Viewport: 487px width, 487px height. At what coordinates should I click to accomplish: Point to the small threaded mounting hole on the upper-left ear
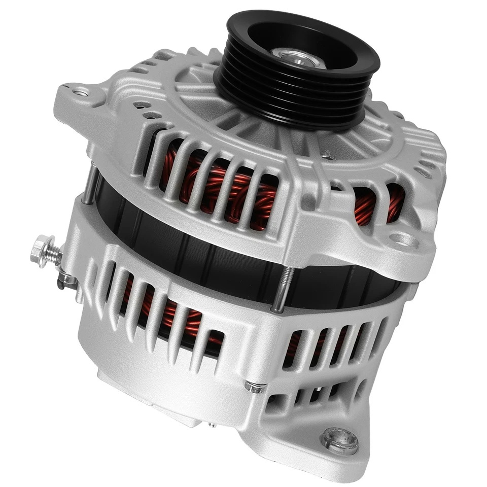[x=80, y=92]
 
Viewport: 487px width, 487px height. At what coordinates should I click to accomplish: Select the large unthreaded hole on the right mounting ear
[x=404, y=239]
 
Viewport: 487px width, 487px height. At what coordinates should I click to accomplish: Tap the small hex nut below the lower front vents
[x=254, y=387]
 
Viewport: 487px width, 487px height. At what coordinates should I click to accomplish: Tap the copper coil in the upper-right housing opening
[x=378, y=203]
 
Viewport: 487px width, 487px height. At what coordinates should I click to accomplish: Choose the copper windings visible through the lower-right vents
[x=309, y=345]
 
